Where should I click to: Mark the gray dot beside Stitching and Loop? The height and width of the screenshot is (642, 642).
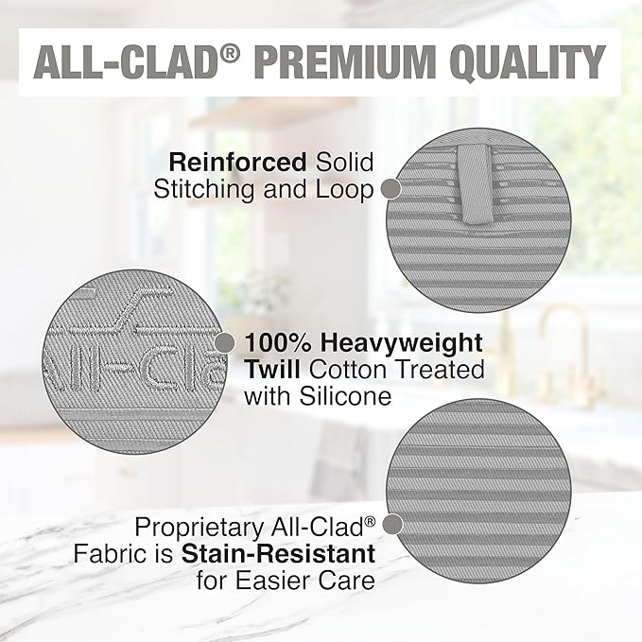[x=390, y=190]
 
